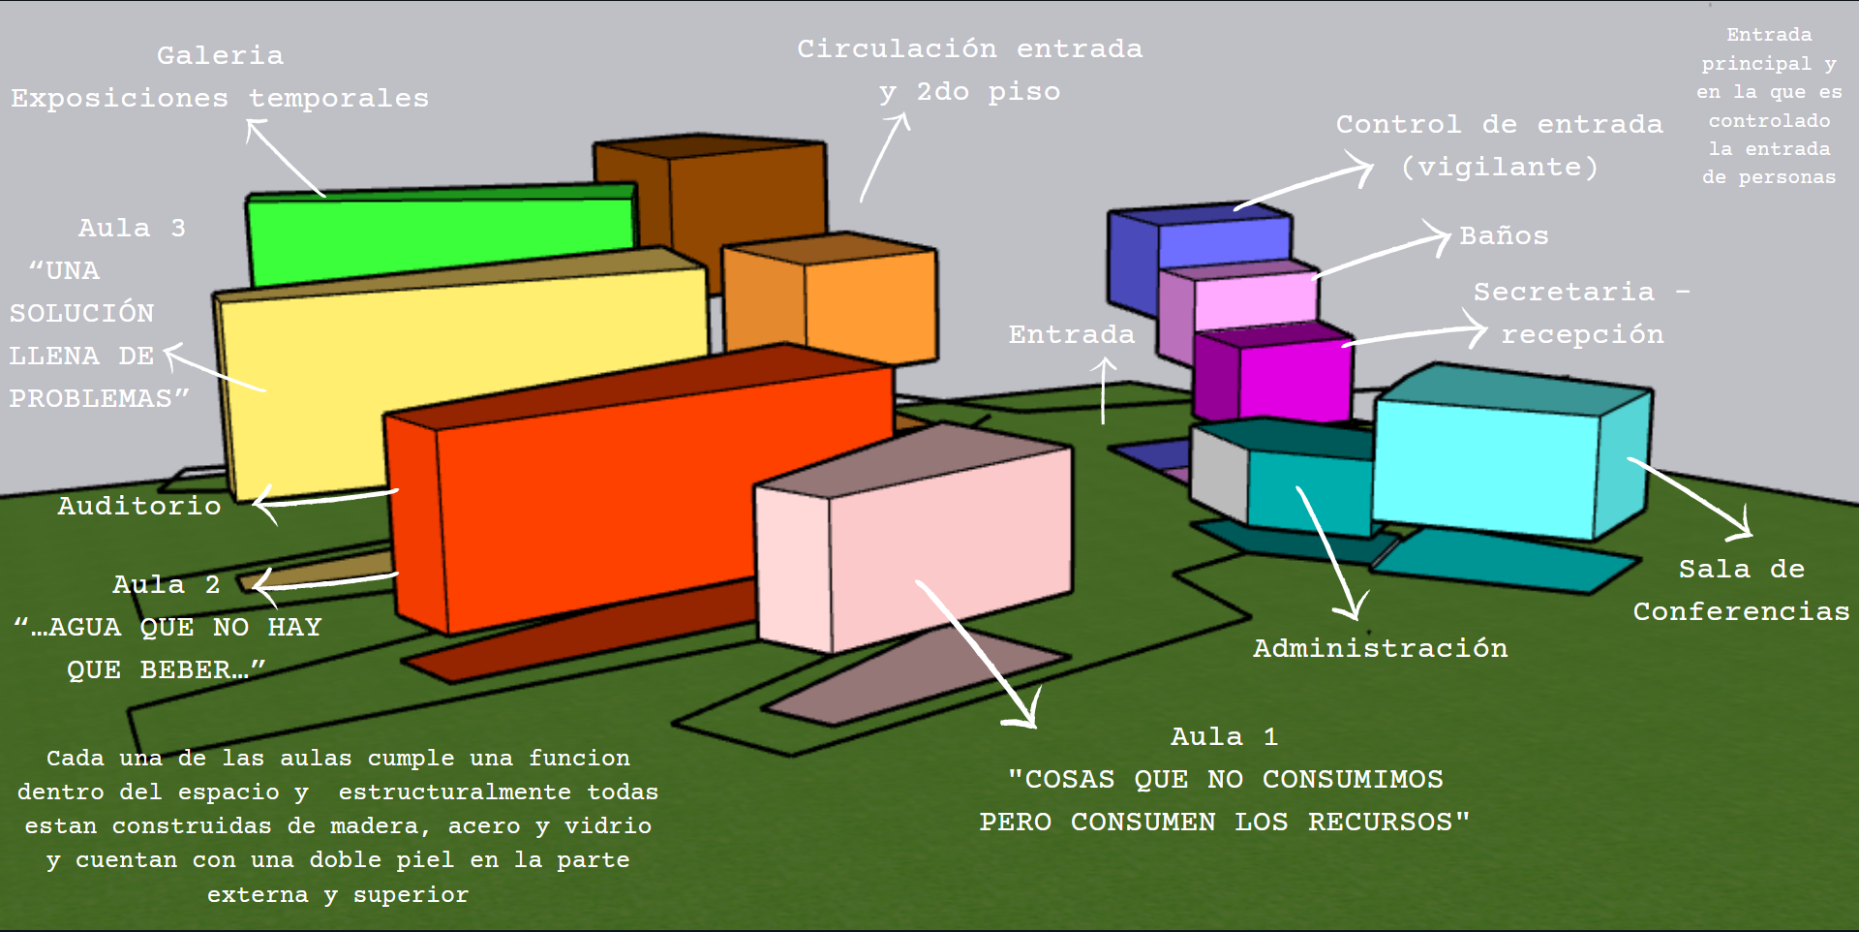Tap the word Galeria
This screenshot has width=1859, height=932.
click(221, 56)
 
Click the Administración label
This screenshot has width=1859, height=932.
click(1380, 648)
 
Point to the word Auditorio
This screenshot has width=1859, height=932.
click(139, 506)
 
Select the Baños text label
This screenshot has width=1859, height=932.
click(1504, 236)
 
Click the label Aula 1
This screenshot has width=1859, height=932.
click(1224, 737)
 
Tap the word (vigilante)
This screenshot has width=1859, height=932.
click(1500, 168)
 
